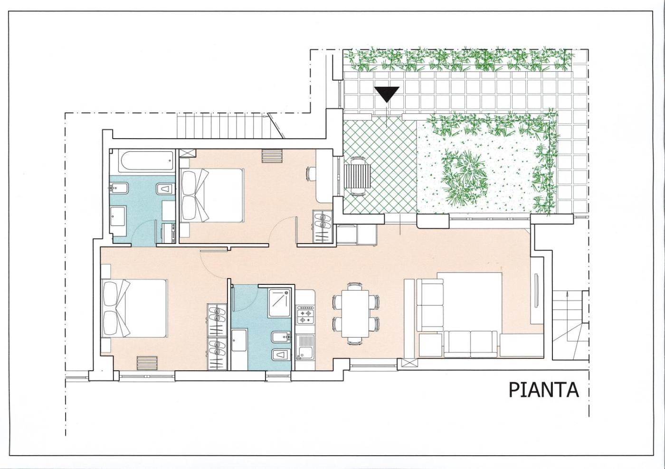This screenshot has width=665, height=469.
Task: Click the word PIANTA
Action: [543, 390]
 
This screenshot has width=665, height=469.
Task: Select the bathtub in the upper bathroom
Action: [146, 161]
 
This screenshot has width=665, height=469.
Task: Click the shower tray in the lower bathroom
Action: [279, 302]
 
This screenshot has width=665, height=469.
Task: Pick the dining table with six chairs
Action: [356, 314]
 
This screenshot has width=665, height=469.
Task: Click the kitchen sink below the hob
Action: [305, 347]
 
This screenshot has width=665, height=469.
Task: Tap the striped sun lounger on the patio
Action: [357, 176]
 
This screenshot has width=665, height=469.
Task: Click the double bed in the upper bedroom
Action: [212, 196]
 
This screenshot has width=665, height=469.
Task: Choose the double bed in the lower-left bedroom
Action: [134, 308]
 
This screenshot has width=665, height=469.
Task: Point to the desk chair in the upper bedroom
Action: [311, 173]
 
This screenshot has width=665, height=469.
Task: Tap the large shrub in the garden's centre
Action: [465, 178]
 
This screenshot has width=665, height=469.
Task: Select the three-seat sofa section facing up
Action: [471, 344]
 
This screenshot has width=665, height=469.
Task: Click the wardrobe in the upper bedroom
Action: [322, 227]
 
